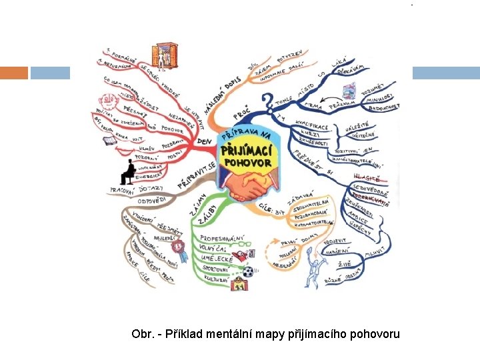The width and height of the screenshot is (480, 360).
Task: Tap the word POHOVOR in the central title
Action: click(247, 162)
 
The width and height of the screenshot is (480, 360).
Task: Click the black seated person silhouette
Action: click(127, 171)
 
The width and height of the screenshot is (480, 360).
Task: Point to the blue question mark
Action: click(267, 103)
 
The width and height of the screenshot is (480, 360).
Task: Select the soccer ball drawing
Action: click(248, 271)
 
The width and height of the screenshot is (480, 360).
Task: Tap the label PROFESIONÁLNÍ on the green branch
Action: click(223, 237)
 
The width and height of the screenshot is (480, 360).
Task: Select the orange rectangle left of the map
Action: click(13, 73)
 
